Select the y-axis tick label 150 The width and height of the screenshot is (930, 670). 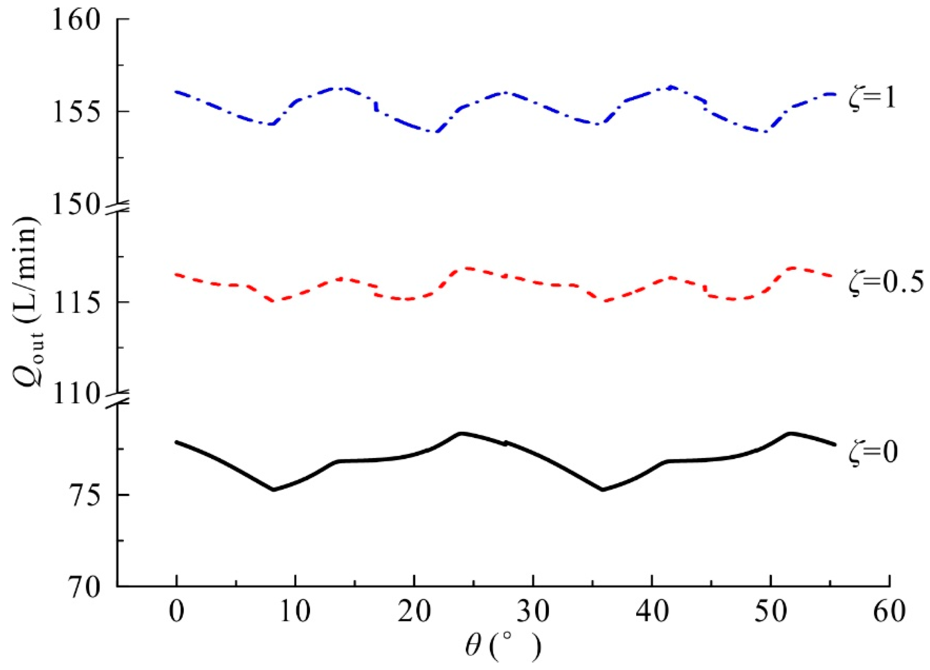tap(76, 205)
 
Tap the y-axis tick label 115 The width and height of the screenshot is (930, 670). tap(76, 303)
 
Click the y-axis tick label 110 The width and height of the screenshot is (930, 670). tap(76, 394)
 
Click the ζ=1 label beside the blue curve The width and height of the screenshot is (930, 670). tap(872, 98)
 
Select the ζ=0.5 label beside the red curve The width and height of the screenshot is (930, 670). tap(885, 283)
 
